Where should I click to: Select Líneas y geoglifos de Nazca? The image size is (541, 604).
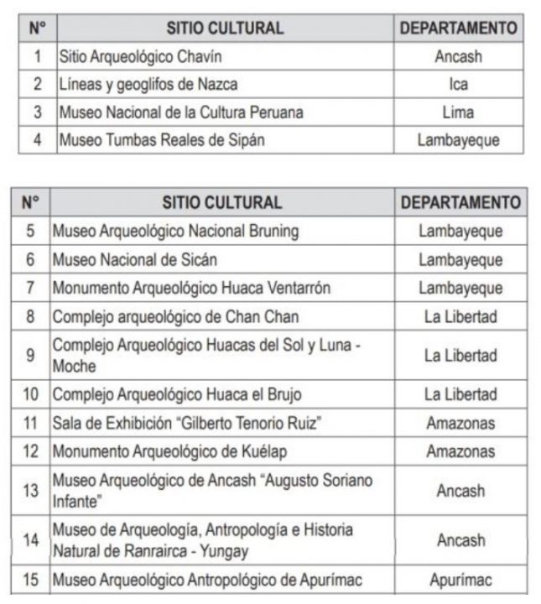tap(148, 84)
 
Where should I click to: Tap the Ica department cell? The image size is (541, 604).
tap(458, 84)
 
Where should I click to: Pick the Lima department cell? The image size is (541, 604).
tap(458, 112)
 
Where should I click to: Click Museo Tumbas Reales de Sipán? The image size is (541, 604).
tap(161, 139)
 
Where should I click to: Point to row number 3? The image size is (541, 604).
tap(37, 112)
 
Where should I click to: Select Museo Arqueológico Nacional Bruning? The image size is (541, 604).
tap(175, 231)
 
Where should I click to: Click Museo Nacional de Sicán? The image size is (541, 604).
tap(134, 259)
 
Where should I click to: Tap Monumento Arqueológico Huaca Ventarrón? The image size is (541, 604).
tap(191, 288)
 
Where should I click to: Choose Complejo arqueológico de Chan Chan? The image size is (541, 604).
tap(175, 316)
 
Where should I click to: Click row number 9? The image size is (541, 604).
tap(31, 356)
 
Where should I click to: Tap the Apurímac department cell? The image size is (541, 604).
tap(460, 580)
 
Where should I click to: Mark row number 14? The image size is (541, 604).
tap(31, 540)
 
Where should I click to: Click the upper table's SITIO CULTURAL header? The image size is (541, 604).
tap(225, 28)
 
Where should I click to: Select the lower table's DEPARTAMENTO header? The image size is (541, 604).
tap(460, 202)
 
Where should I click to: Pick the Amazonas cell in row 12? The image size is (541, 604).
tap(460, 451)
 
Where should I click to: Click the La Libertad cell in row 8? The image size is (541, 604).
tap(460, 316)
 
